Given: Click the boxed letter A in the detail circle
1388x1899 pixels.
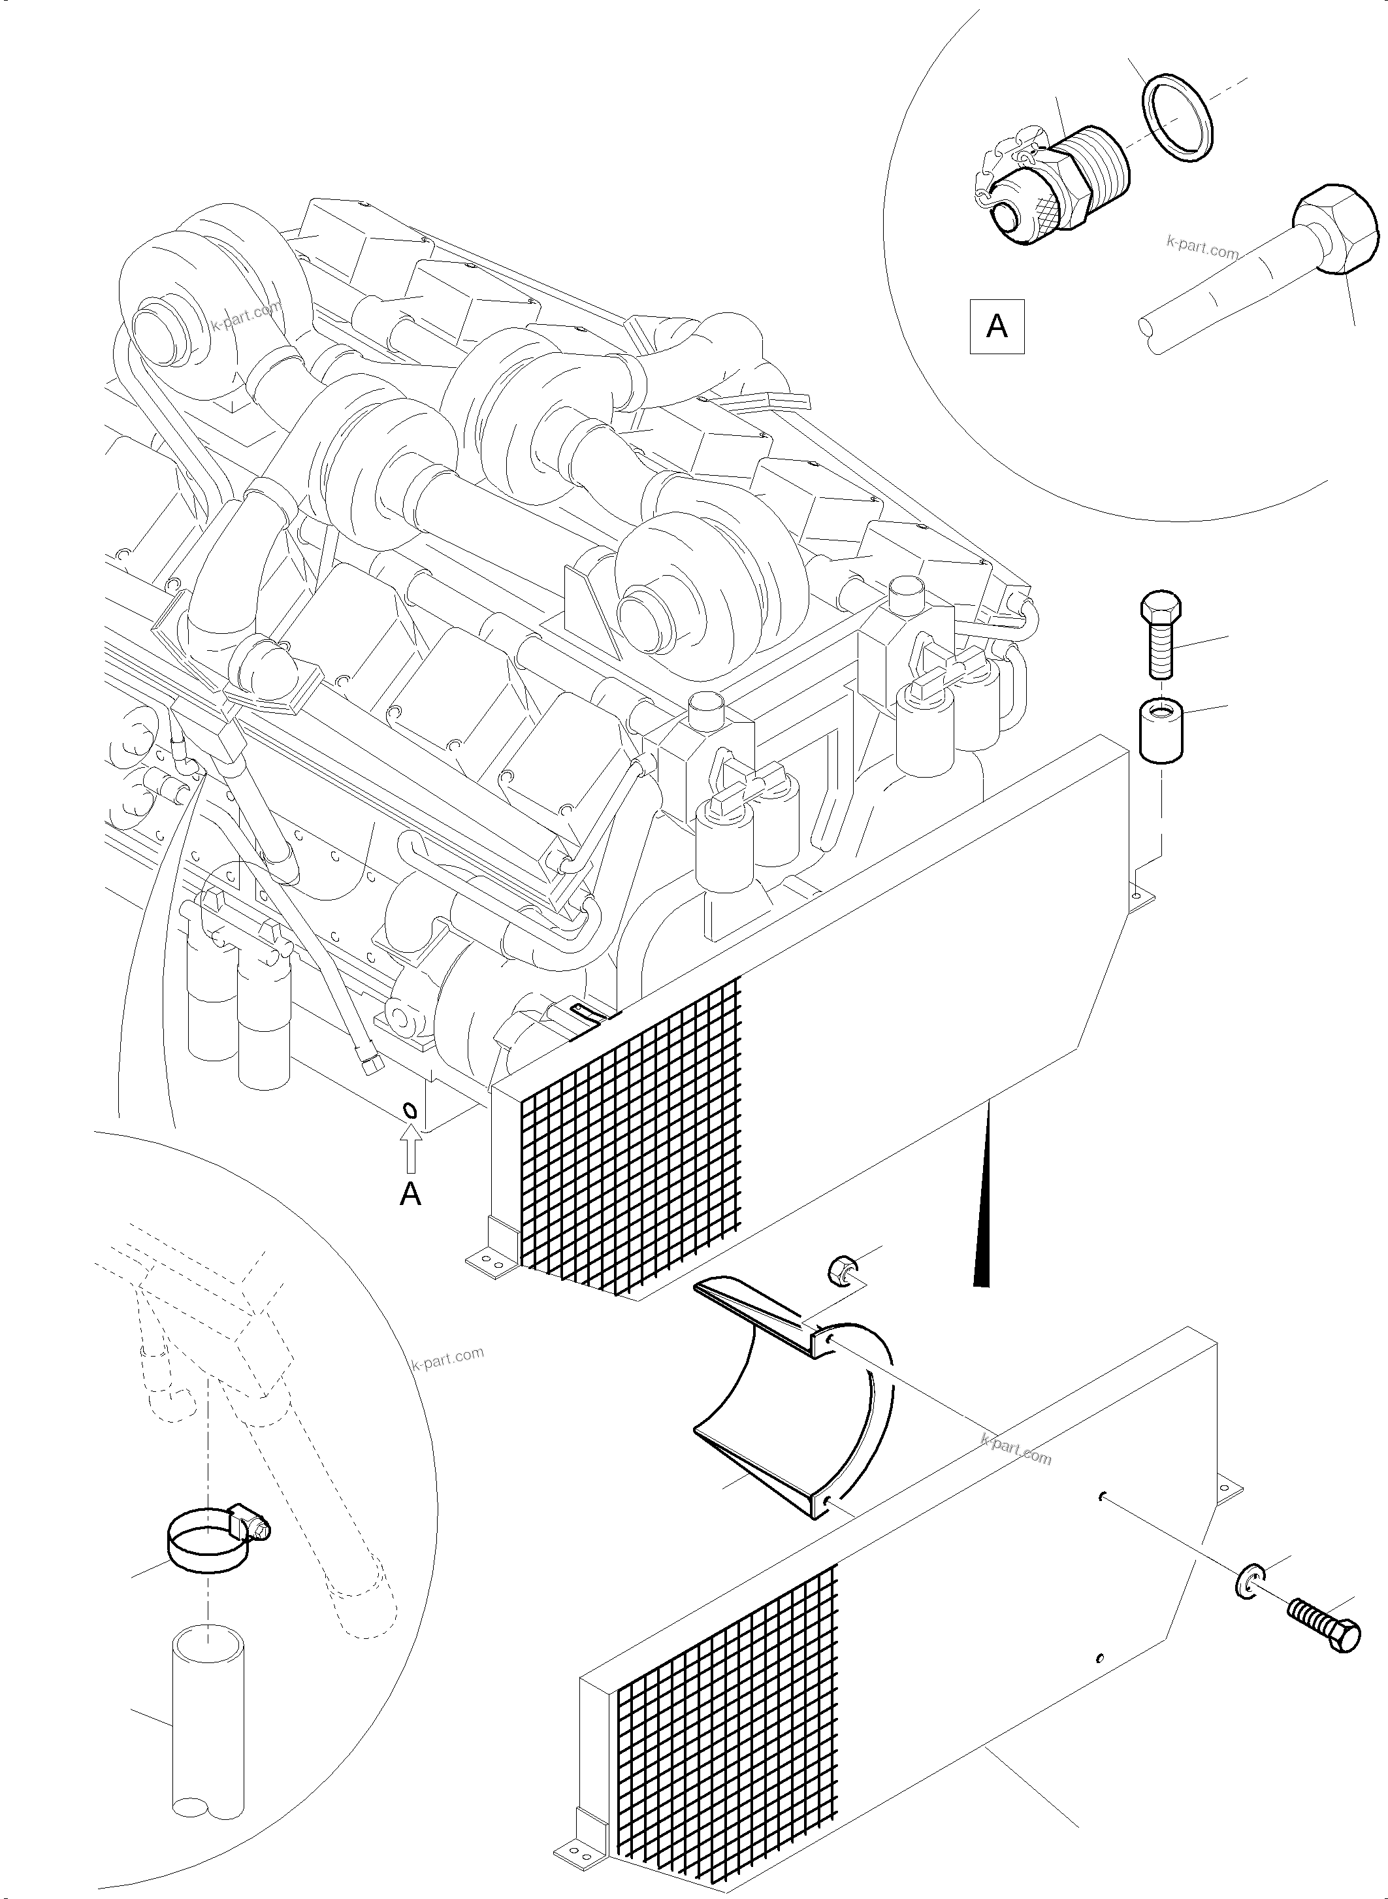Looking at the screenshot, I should [997, 325].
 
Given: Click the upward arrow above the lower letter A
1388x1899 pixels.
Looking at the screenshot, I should [410, 1150].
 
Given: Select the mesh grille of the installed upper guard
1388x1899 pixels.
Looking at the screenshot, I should [630, 1144].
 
